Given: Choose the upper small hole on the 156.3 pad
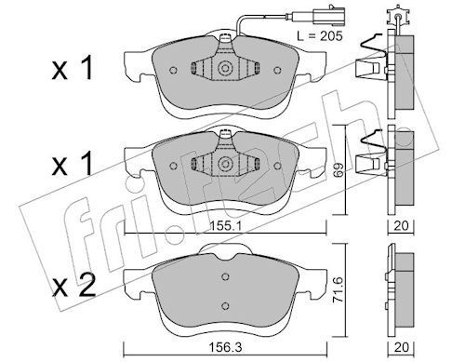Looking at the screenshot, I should coord(224,276).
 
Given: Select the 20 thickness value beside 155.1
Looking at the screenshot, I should coord(401,224).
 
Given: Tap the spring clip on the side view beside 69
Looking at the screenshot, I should coord(370,151).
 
